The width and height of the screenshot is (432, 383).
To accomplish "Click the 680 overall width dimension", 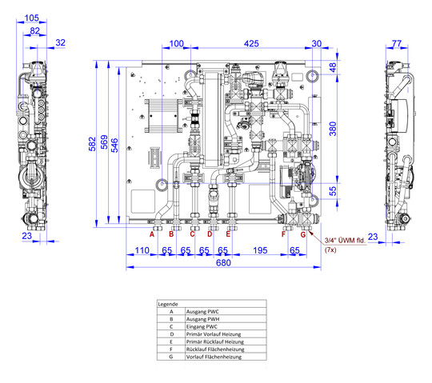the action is tap(223, 263).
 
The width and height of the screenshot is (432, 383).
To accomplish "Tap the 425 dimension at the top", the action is tap(251, 43).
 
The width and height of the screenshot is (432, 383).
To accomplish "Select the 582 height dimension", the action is tap(92, 144).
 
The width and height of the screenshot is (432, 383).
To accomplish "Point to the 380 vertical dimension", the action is tap(333, 129).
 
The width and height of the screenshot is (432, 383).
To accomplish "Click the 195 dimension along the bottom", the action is tap(260, 250).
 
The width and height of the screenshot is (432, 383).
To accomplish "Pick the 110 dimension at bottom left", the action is tap(142, 250).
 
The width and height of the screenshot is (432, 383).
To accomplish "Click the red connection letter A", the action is tap(152, 234).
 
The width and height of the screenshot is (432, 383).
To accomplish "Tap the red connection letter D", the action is tap(210, 234).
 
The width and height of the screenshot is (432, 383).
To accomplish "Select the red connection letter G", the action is tap(303, 234).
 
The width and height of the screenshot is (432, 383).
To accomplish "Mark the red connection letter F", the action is tap(283, 234).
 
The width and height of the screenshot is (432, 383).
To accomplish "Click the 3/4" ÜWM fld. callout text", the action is tap(345, 241).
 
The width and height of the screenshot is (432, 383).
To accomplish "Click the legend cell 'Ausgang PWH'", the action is tap(202, 319).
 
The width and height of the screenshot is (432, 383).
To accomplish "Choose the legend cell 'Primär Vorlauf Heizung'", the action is tap(214, 334).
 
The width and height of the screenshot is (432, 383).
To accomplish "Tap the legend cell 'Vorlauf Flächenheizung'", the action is tap(214, 357).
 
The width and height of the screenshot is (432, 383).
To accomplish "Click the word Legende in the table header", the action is tap(168, 305).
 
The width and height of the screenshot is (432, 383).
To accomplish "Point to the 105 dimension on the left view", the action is tap(32, 18).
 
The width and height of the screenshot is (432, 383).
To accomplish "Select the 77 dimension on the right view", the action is tap(397, 43).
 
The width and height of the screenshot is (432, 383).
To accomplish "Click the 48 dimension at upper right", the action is tap(333, 67).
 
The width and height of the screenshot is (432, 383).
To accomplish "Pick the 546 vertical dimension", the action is tap(114, 145).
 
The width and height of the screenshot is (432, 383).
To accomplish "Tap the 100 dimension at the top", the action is tap(176, 43).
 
